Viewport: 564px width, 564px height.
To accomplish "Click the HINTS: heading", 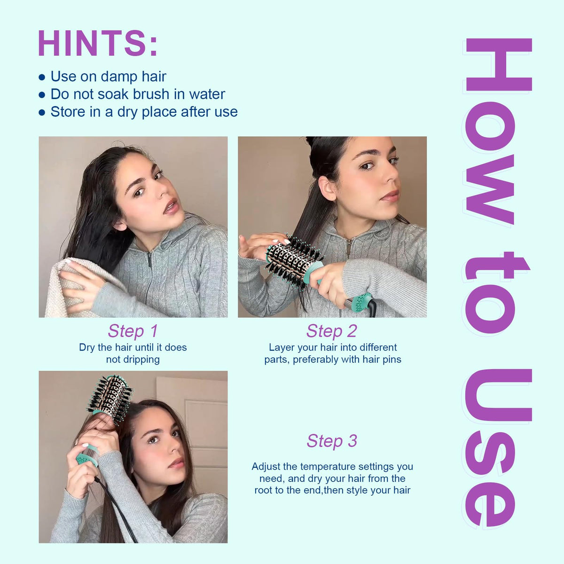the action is (x=98, y=43).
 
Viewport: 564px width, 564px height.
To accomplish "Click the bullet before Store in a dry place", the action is (x=42, y=112).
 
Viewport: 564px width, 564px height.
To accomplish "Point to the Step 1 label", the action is (x=133, y=331).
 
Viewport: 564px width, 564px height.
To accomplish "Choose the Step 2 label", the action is (x=332, y=331).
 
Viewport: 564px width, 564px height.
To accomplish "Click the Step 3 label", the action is (x=332, y=440).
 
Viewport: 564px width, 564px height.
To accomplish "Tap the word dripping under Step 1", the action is (x=133, y=360).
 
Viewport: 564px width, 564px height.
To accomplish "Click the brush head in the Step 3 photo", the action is (x=110, y=398).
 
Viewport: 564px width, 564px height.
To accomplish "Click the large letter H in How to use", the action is (x=499, y=64).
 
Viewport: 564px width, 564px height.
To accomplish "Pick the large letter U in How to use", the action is (x=499, y=395).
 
